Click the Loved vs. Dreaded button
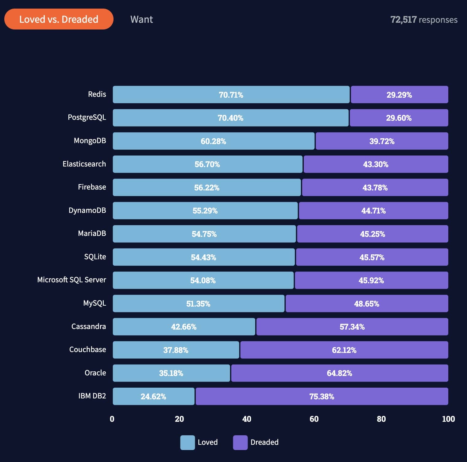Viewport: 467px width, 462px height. point(59,19)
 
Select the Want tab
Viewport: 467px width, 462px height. point(141,19)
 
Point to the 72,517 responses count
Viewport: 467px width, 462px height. point(423,20)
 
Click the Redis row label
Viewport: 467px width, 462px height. point(97,94)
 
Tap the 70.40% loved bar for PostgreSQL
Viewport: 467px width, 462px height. point(230,118)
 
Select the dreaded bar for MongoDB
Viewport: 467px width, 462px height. point(382,141)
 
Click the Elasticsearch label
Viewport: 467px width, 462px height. point(84,164)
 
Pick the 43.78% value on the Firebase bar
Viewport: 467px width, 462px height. point(375,188)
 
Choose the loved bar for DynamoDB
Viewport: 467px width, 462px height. point(205,211)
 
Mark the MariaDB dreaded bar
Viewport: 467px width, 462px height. point(372,234)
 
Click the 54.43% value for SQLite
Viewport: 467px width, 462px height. point(203,257)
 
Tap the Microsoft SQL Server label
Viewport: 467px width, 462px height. point(71,280)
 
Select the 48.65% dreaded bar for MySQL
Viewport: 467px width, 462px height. point(367,304)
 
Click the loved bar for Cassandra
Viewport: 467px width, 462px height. point(184,327)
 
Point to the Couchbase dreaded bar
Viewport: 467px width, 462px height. point(344,350)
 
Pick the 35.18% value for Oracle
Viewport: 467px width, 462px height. point(171,373)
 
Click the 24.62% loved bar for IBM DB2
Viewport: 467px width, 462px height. point(153,397)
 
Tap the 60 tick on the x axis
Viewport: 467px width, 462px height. point(314,419)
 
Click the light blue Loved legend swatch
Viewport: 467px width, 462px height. point(187,442)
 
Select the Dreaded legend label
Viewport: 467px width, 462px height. point(264,442)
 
